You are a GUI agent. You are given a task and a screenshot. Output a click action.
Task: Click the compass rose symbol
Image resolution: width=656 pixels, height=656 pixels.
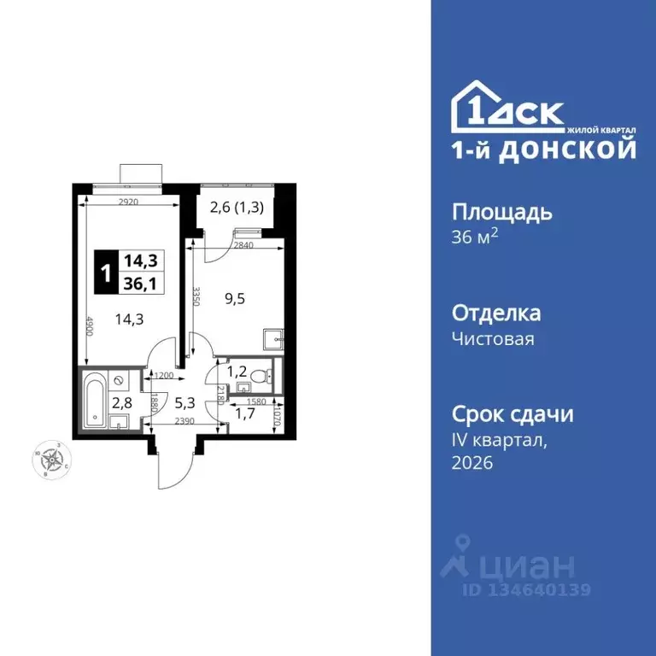[54, 460]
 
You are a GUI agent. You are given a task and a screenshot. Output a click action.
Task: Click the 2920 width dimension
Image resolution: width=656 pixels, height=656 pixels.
[128, 202]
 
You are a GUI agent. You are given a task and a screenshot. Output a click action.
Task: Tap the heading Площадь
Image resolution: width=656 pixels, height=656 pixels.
[501, 213]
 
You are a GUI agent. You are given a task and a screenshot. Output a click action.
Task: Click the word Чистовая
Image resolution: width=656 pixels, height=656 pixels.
[493, 339]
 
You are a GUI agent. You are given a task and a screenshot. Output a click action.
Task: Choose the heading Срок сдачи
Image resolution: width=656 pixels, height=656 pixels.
[512, 414]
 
